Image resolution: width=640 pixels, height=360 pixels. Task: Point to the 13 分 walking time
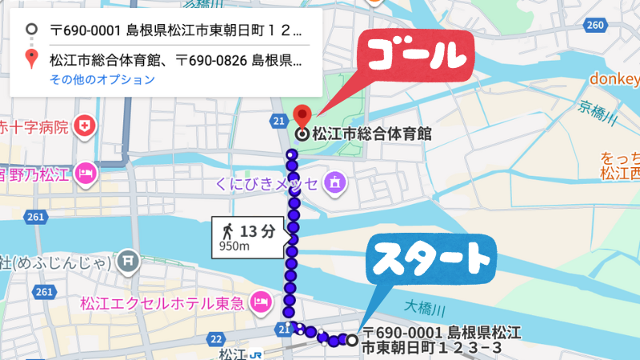click(258, 231)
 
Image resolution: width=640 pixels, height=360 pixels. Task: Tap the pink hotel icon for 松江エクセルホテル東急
click(259, 302)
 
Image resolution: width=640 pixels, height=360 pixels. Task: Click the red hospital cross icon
click(84, 126)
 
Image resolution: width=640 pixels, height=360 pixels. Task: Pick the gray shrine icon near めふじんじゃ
click(127, 260)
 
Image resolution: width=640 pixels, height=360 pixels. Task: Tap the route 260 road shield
click(595, 26)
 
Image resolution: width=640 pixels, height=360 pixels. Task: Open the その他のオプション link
click(102, 79)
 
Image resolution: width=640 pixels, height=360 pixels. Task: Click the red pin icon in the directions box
click(30, 58)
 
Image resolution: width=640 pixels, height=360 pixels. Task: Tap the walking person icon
click(227, 231)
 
